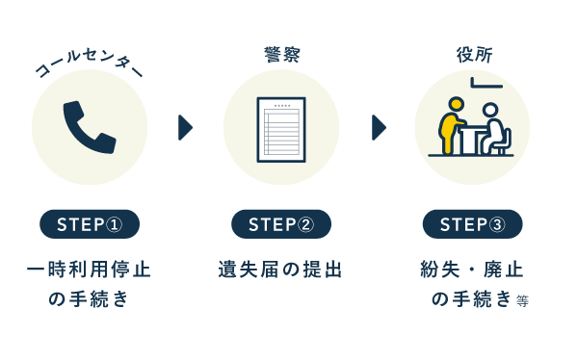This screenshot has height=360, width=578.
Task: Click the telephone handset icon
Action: (90, 127)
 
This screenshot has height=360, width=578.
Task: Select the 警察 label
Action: (281, 55)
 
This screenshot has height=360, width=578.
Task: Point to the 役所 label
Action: (473, 55)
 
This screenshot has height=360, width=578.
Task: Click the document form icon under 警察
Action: (281, 128)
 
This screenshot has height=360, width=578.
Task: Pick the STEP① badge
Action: (90, 224)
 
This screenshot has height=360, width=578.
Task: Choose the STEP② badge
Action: (281, 224)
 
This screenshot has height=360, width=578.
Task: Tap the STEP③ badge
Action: (473, 224)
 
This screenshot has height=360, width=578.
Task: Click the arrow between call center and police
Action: (186, 127)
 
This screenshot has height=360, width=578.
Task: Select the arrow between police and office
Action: (379, 127)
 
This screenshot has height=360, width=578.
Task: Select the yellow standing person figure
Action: (451, 130)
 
